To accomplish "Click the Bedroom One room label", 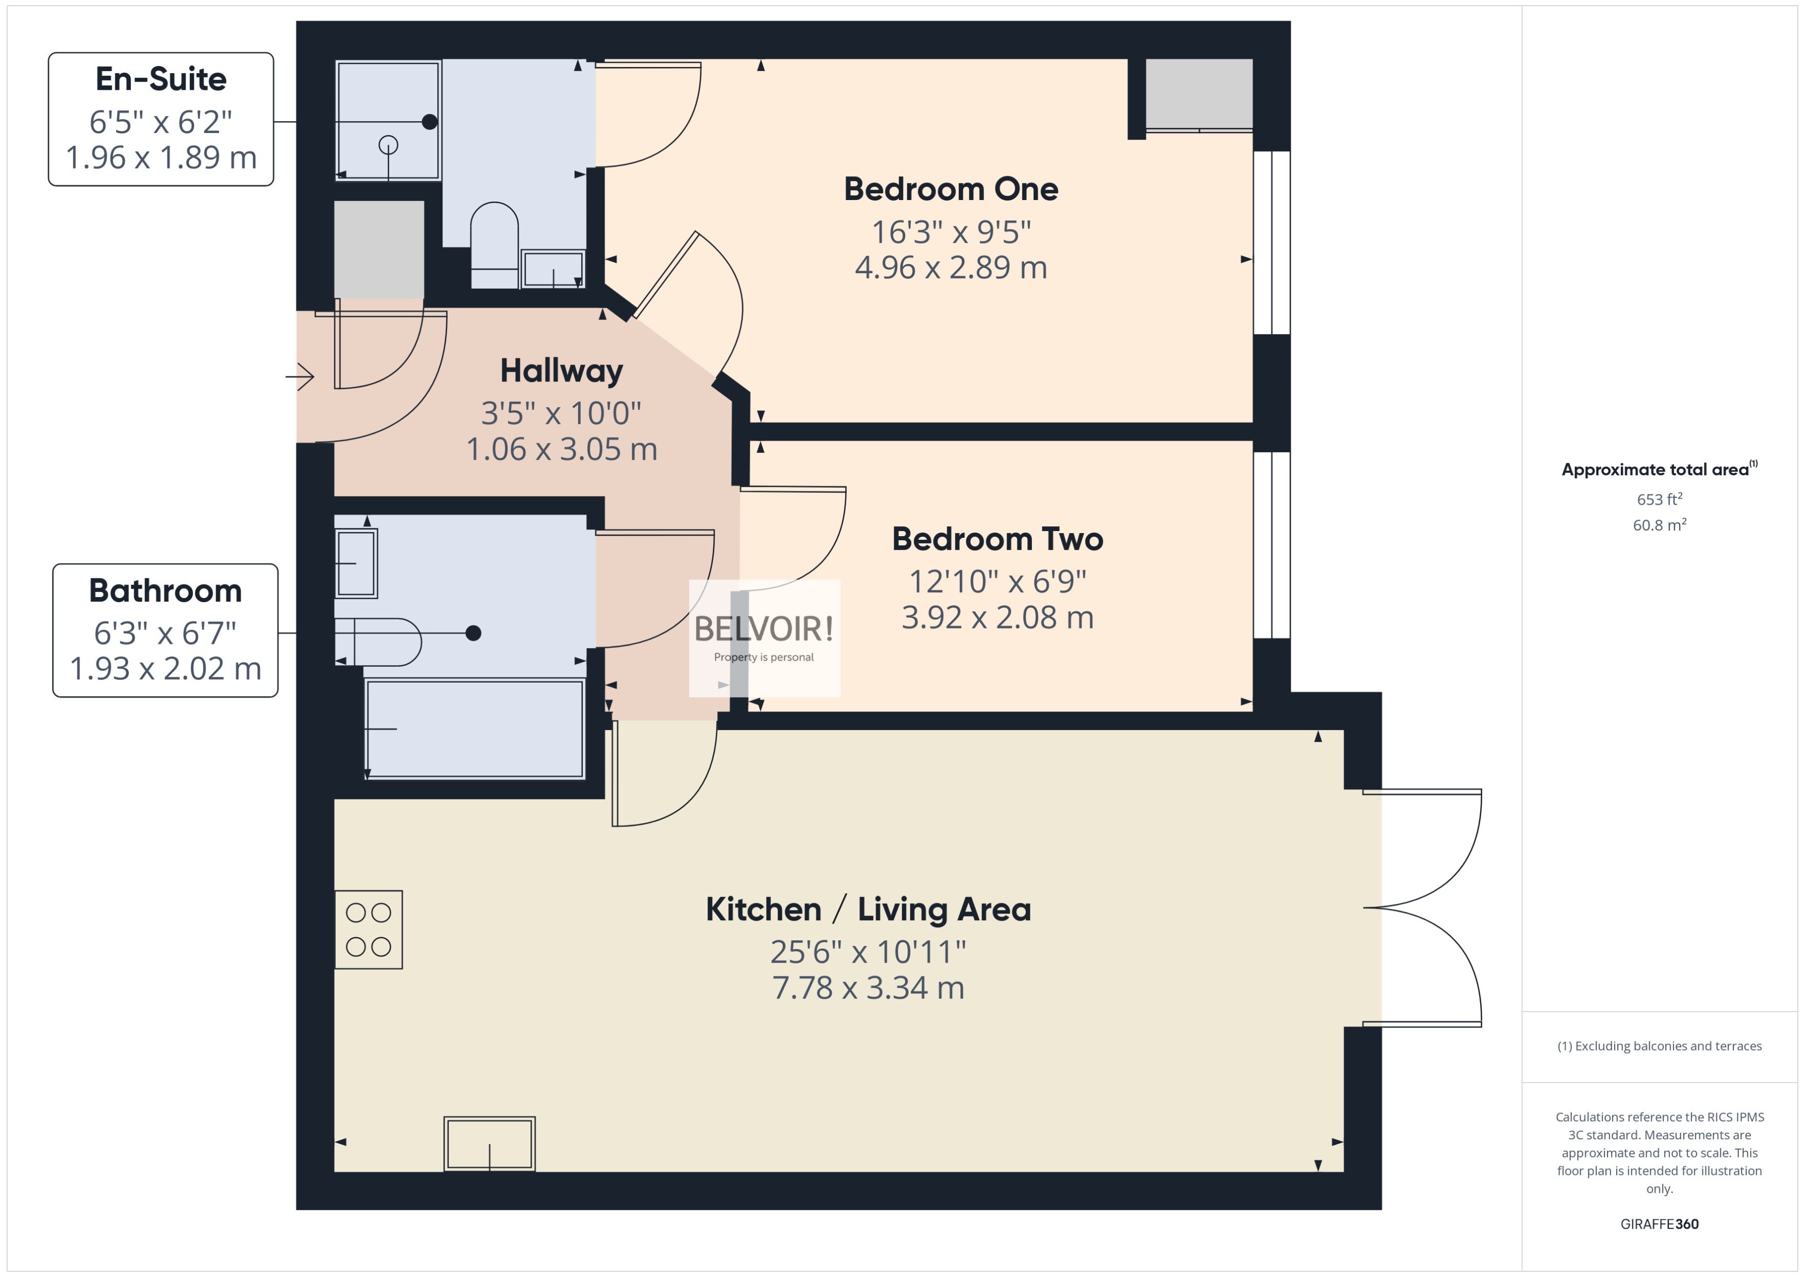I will tap(951, 190).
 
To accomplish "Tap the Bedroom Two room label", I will tap(997, 539).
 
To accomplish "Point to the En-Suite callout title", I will tap(161, 79).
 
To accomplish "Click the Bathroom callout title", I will tap(165, 590).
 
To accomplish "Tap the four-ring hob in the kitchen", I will tap(369, 930).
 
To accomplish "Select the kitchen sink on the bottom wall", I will tap(489, 1143).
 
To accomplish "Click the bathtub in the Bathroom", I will tap(474, 729).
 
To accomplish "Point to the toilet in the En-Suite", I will tap(494, 244).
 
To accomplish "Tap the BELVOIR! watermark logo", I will tap(764, 629).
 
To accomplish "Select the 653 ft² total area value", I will tap(1660, 500).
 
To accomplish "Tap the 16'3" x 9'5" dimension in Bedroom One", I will tap(951, 232).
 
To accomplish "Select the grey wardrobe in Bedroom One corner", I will tap(1198, 93).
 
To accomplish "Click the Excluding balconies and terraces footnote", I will tap(1660, 1046).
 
